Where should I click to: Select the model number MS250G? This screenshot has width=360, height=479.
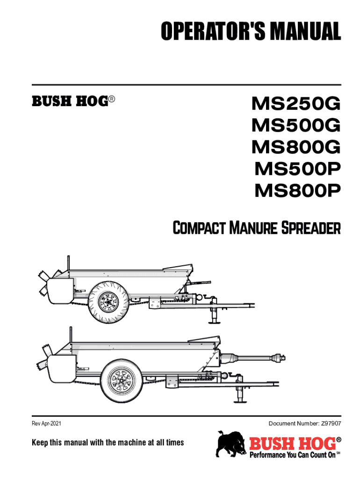pyautogui.click(x=296, y=103)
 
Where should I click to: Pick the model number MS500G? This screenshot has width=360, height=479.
pyautogui.click(x=296, y=125)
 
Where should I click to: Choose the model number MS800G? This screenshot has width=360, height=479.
pyautogui.click(x=296, y=147)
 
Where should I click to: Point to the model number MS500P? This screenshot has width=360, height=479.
pyautogui.click(x=297, y=169)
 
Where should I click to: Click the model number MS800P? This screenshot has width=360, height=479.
pyautogui.click(x=297, y=191)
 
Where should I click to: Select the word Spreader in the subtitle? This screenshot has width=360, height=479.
pyautogui.click(x=310, y=229)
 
